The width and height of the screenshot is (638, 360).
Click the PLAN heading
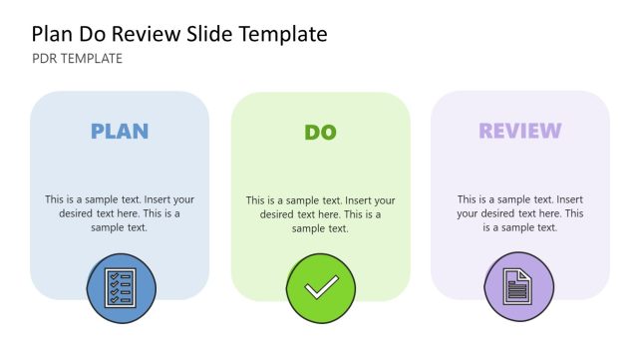(x=120, y=131)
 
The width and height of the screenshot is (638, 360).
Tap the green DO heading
(x=320, y=132)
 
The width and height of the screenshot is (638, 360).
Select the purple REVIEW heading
(x=519, y=131)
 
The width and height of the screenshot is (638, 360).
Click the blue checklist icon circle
(x=122, y=288)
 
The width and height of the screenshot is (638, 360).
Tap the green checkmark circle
(x=321, y=288)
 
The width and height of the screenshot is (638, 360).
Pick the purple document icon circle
(x=518, y=287)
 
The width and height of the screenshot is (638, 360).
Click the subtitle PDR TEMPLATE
(x=78, y=59)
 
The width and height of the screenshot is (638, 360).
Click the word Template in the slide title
(x=280, y=34)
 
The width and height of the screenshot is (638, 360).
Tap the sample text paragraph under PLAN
(x=120, y=213)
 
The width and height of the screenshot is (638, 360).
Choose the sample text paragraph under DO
(x=320, y=214)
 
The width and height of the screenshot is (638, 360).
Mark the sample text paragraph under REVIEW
(x=519, y=213)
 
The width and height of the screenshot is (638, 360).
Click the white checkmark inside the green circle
(x=321, y=288)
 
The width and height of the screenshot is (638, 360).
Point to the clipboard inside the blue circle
(x=121, y=288)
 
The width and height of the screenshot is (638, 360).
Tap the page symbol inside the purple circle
(x=518, y=287)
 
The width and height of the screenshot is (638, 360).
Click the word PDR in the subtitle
(x=45, y=59)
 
